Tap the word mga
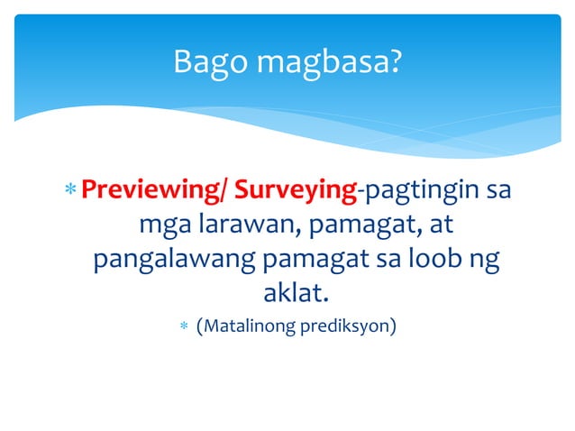point(160,225)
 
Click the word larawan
point(239,225)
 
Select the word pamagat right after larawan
point(351,225)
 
